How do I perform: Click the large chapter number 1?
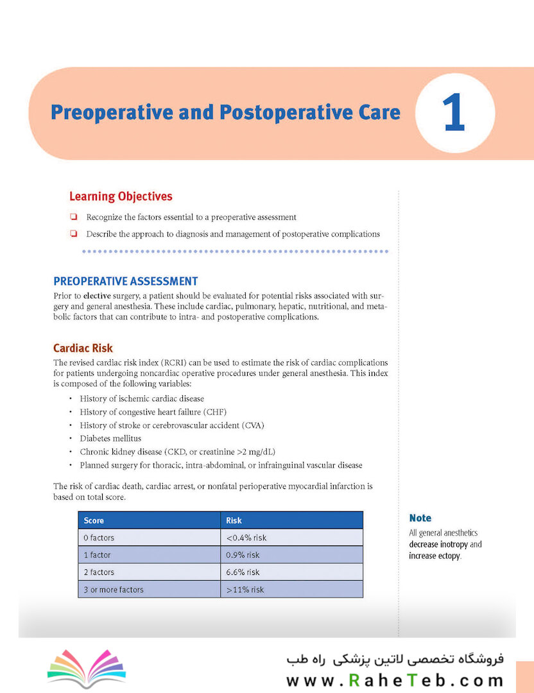454,112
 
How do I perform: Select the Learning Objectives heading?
121,196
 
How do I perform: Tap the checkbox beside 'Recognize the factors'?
73,217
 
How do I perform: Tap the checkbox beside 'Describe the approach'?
73,234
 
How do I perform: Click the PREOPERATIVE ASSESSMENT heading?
126,281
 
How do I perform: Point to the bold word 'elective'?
97,296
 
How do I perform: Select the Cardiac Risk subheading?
83,348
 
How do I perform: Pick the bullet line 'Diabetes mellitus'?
110,438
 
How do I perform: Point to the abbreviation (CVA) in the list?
253,425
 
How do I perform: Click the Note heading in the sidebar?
420,518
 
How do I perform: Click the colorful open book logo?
87,668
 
